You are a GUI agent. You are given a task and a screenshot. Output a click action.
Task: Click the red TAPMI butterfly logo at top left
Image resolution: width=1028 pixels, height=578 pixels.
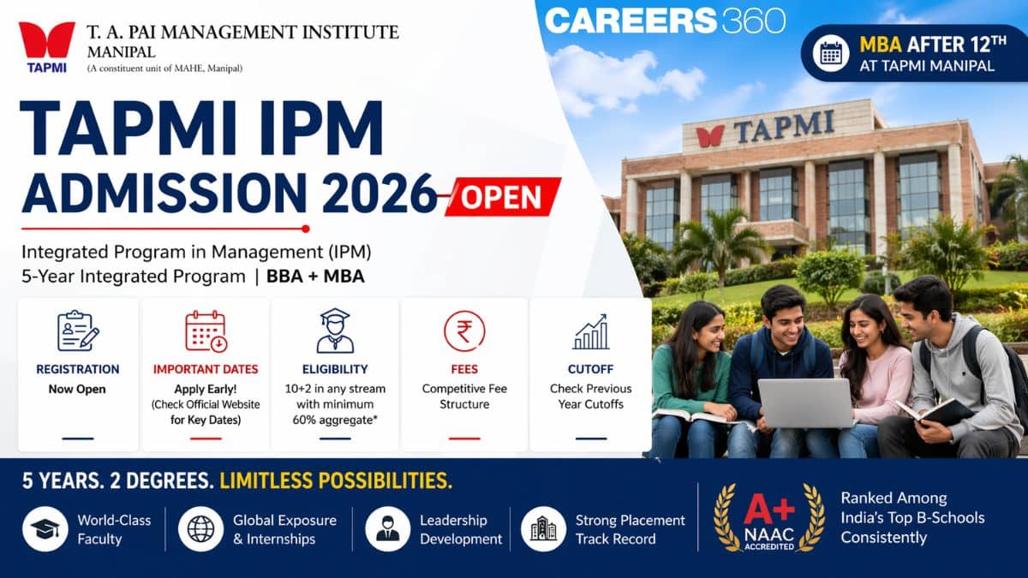tap(46, 40)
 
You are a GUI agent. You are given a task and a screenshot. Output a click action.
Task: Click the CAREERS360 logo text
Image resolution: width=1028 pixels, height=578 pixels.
tap(665, 21)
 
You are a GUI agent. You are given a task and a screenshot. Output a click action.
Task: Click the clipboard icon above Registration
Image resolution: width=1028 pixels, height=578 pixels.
tap(77, 331)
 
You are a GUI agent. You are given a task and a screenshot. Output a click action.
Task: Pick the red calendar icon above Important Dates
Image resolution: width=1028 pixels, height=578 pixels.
tap(206, 331)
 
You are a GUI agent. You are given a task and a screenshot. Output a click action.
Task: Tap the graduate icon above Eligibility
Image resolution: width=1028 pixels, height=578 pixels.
tap(335, 331)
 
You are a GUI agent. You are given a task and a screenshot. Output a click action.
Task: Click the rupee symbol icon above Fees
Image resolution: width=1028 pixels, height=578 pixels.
tap(464, 331)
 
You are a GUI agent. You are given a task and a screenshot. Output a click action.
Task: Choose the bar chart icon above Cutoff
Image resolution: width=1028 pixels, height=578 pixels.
tap(590, 331)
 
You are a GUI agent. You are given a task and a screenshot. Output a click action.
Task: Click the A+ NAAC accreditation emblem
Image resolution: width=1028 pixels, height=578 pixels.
tap(769, 517)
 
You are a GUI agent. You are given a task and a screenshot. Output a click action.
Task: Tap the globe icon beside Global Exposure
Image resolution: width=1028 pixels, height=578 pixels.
tap(200, 528)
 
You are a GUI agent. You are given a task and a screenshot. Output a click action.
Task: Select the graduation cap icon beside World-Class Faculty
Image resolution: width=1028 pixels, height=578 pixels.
tap(45, 528)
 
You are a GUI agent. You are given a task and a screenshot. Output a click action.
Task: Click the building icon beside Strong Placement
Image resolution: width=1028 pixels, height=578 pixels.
tap(543, 528)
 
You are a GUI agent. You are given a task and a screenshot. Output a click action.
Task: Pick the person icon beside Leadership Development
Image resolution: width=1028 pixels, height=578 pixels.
tap(387, 528)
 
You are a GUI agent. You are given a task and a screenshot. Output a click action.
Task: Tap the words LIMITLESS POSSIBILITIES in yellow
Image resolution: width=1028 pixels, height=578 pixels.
tap(336, 480)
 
